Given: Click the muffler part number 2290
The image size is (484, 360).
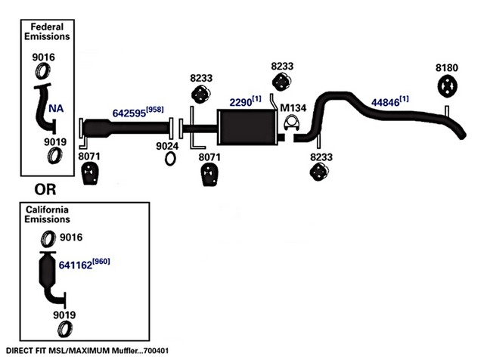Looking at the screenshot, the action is click(240, 102).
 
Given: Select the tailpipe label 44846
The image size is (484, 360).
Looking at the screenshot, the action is click(385, 102).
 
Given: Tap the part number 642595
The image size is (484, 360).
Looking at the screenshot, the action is click(129, 113).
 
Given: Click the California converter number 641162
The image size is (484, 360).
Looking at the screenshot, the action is click(76, 265).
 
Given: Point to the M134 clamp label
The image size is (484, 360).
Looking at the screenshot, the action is click(293, 108).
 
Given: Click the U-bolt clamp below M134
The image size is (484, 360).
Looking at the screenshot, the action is click(292, 123).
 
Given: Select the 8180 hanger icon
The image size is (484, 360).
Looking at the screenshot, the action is click(447, 86).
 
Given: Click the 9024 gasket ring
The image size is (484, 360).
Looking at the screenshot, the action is click(170, 159).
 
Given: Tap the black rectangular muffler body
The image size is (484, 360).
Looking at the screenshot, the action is click(247, 127).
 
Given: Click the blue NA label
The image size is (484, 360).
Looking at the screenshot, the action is click(56, 109).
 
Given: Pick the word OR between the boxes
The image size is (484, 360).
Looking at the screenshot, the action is click(45, 190).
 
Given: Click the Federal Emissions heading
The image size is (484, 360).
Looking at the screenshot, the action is click(47, 32).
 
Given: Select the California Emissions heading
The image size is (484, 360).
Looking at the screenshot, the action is click(47, 215).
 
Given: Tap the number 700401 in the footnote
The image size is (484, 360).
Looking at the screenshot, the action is click(157, 351).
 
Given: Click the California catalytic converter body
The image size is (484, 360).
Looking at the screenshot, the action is click(48, 269).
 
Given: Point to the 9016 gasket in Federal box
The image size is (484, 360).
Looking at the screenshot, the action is click(43, 70).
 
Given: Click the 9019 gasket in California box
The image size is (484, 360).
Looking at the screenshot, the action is click(65, 329).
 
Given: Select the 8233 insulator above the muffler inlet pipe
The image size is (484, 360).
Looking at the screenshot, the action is click(201, 94).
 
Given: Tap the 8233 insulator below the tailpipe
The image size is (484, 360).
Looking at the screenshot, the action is click(319, 172).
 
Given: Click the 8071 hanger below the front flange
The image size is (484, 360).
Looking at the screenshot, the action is click(90, 174).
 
